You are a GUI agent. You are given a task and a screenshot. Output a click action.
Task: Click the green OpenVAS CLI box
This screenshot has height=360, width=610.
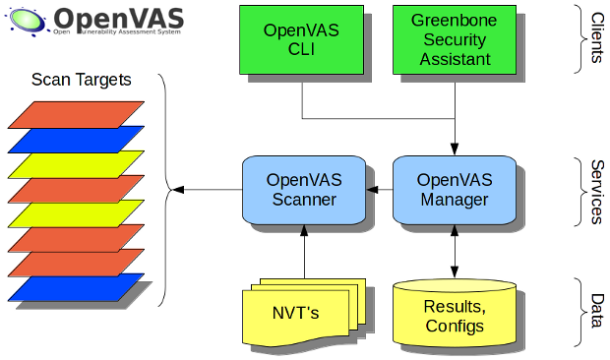301,39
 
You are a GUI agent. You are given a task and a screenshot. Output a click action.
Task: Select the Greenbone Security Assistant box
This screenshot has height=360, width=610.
454,39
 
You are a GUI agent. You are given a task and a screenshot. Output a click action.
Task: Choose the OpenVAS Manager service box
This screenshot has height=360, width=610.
454,190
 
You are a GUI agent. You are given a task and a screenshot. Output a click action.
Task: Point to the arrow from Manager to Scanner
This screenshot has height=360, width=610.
378,190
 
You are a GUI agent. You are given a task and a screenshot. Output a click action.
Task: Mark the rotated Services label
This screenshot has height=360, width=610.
597,191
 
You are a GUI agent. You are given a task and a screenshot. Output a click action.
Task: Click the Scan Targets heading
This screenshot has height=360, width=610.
81,80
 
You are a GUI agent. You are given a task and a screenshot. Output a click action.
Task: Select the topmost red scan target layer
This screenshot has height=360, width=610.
77,114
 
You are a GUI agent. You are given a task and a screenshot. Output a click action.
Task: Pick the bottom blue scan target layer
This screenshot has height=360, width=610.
77,288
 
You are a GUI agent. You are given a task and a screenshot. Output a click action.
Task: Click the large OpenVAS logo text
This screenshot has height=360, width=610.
118,19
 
